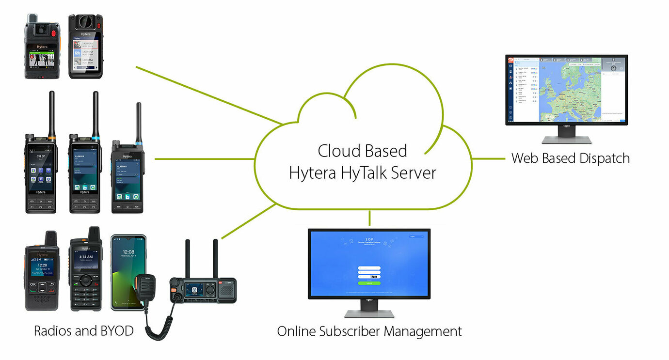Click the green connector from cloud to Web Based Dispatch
[488, 158]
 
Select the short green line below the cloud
[369, 218]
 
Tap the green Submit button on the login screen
[369, 283]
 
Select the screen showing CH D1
[41, 170]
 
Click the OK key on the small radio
[33, 284]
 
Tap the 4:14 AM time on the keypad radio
[86, 257]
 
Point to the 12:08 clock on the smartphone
[128, 252]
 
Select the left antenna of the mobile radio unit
[187, 257]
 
